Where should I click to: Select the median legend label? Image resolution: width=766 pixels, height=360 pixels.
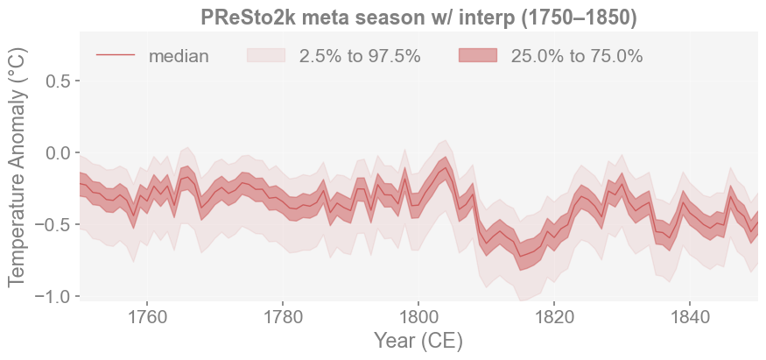[x=179, y=56]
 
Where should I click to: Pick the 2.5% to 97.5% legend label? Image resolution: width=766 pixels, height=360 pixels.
[x=360, y=56]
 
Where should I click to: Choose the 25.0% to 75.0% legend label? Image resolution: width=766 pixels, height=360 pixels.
[x=577, y=56]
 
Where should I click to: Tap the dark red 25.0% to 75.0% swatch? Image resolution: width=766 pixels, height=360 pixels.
[x=478, y=56]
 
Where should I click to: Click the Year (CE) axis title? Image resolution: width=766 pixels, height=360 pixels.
[x=418, y=341]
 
